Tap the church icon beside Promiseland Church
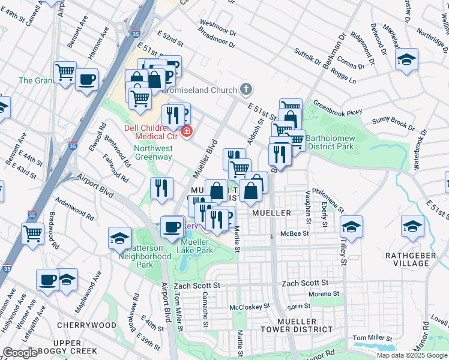(246, 90)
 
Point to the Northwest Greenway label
(153, 152)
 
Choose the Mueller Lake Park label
(197, 246)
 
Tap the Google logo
(20, 352)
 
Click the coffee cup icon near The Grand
(86, 79)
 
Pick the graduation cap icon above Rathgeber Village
(412, 226)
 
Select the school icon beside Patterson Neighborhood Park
(119, 238)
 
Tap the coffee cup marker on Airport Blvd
(172, 226)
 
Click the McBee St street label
(297, 233)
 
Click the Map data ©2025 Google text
(412, 355)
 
